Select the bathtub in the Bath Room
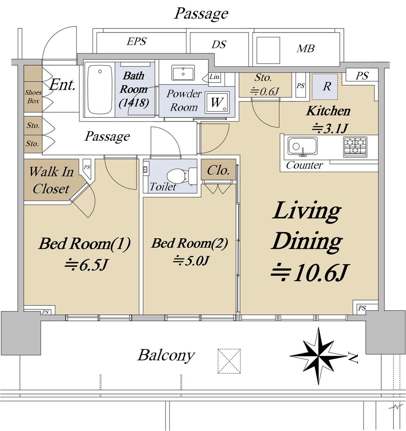(x=99, y=89)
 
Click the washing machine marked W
(x=217, y=102)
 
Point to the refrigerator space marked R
(x=325, y=87)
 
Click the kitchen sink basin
(x=302, y=146)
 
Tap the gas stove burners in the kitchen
(x=355, y=146)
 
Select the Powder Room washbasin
(x=183, y=72)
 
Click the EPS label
(x=136, y=41)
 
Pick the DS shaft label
(x=219, y=44)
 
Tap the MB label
(x=306, y=49)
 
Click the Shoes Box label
(x=33, y=96)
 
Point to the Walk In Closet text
(x=51, y=180)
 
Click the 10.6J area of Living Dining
(x=310, y=272)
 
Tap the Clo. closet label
(x=218, y=170)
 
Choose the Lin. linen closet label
(x=215, y=77)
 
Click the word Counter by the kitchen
(x=304, y=165)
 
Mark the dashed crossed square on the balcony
(x=229, y=361)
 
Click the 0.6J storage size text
(x=265, y=91)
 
